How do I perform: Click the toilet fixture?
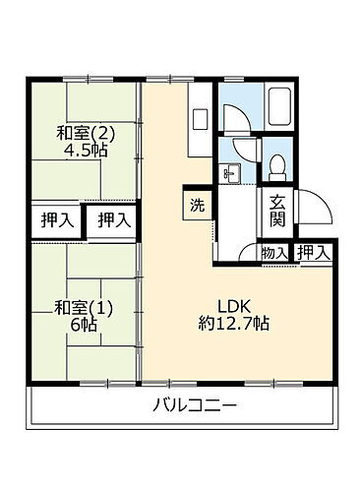(277, 163)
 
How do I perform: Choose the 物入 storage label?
(275, 253)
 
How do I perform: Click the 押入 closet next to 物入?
(314, 253)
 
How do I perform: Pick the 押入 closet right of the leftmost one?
(112, 220)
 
